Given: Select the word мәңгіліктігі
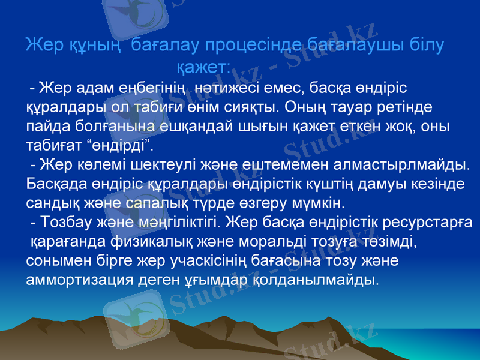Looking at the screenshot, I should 184,223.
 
